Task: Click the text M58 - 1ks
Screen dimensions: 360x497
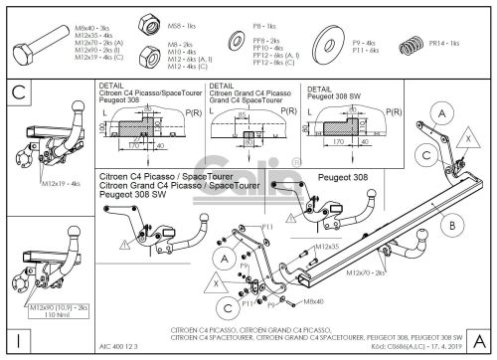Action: (178, 19)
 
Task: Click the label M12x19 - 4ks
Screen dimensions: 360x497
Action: (62, 184)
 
